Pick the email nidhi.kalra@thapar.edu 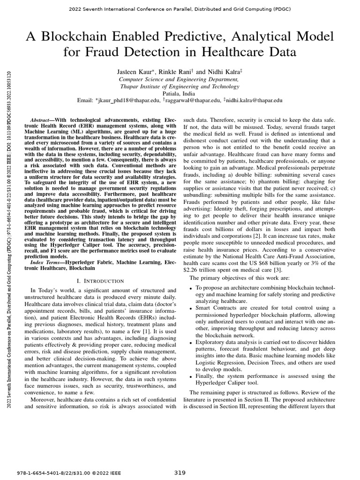point(255,100)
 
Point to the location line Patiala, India point(180,93)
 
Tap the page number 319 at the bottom point(180,472)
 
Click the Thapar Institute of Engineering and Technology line point(180,86)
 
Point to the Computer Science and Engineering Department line point(180,80)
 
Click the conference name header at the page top point(180,9)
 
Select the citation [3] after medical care point(278,270)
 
